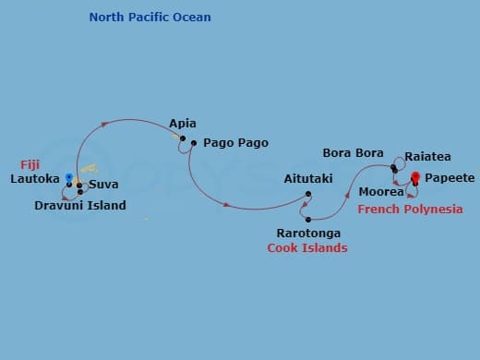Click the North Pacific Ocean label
(x=150, y=18)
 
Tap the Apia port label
(x=183, y=123)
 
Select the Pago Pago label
(x=235, y=143)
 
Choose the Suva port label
(x=103, y=185)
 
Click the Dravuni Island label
(x=80, y=205)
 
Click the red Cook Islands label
(x=307, y=248)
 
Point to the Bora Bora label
(x=353, y=152)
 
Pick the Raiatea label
(x=428, y=158)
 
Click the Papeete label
(x=450, y=177)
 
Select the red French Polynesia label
(x=410, y=210)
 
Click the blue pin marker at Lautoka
(x=69, y=176)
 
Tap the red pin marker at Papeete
(x=415, y=177)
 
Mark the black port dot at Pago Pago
(x=194, y=143)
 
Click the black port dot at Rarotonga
(x=306, y=220)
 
